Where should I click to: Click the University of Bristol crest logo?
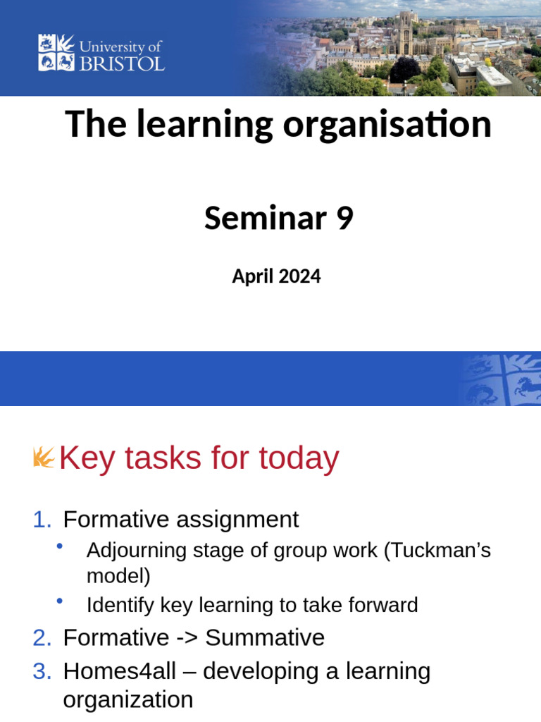tap(56, 52)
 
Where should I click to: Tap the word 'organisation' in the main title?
tap(387, 125)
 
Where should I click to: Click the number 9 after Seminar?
tap(344, 219)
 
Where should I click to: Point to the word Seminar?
tap(265, 219)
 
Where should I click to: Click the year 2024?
tap(299, 276)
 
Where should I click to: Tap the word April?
tap(252, 277)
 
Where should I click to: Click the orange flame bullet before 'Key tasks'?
tap(44, 458)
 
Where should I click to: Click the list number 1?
tap(42, 520)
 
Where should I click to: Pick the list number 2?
tap(42, 638)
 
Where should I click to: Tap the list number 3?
tap(42, 672)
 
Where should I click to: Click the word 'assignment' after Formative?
tap(237, 520)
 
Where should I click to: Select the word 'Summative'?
tap(265, 638)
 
